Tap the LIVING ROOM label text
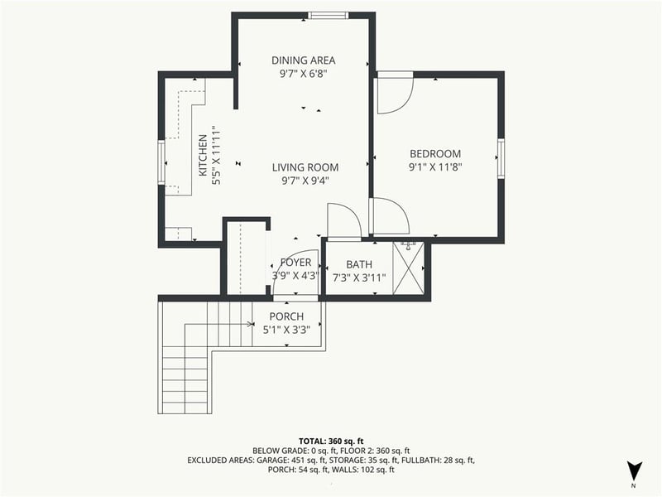[x=305, y=166]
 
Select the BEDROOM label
[x=435, y=153]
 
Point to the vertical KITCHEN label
[x=201, y=156]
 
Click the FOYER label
[x=295, y=263]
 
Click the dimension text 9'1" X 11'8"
[x=435, y=166]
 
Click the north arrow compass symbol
[x=633, y=470]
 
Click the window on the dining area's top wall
[x=329, y=15]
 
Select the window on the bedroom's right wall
[x=500, y=158]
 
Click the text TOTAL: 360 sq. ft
[x=331, y=442]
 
